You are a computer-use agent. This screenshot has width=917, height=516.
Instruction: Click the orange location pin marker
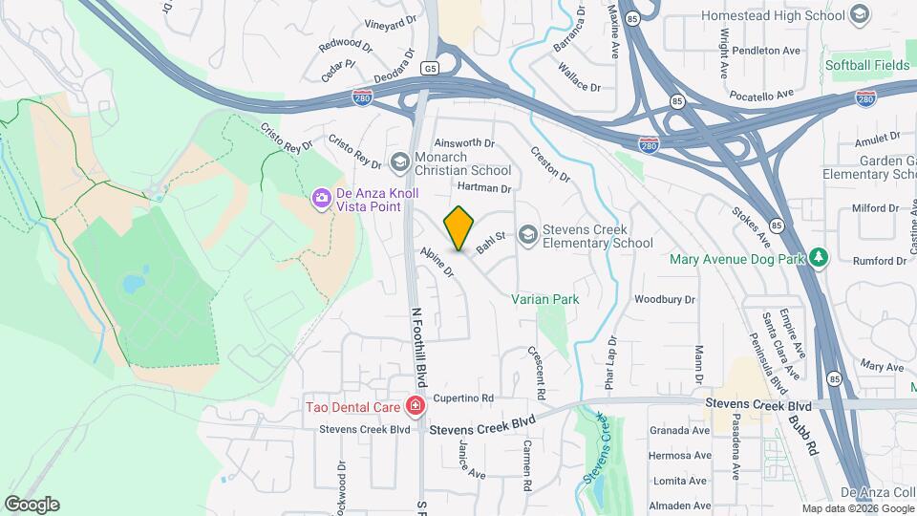(x=458, y=227)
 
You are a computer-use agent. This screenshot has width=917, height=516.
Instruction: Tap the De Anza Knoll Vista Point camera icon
(x=321, y=199)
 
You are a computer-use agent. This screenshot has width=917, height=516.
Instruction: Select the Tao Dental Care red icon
(x=415, y=407)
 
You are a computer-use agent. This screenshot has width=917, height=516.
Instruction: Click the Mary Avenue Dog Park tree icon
(x=817, y=257)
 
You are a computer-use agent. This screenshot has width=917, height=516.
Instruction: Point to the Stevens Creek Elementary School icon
(x=527, y=234)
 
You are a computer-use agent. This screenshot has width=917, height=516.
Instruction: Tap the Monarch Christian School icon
(x=401, y=161)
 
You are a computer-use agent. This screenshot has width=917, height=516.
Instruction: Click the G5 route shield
(x=431, y=68)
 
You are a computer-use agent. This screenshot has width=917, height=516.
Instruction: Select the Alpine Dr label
(x=436, y=261)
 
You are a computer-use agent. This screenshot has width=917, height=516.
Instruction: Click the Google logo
(x=32, y=504)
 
